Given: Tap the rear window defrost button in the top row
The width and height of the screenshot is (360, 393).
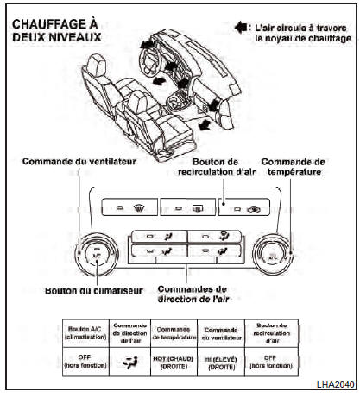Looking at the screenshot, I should [x=186, y=208].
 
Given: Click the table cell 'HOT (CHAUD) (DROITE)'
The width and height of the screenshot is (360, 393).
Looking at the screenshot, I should [x=175, y=364].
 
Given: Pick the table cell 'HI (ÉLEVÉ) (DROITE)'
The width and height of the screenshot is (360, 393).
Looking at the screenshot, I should [x=220, y=364].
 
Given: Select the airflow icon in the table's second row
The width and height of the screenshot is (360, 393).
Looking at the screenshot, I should [x=131, y=363].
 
